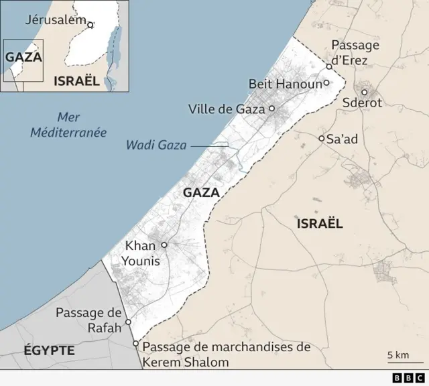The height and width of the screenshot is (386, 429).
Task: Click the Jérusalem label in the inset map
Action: click(55, 19)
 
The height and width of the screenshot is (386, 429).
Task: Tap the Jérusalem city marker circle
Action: click(90, 25)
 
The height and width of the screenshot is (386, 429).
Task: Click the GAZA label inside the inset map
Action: click(23, 57)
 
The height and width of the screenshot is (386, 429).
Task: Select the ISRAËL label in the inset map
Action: click(75, 81)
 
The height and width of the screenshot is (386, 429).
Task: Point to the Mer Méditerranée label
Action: click(68, 125)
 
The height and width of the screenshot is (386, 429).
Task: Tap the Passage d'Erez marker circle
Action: click(329, 67)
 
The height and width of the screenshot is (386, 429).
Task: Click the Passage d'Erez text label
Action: click(355, 52)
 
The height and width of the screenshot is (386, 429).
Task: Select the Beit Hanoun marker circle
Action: click(326, 83)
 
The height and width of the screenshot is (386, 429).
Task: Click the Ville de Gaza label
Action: click(227, 109)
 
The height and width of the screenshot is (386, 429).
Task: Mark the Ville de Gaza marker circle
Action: click(272, 108)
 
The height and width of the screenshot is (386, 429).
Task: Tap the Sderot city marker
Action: click(365, 92)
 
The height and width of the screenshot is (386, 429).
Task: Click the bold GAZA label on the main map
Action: click(201, 192)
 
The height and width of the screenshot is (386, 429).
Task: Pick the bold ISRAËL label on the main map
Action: click(320, 223)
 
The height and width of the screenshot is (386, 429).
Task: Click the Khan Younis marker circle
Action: click(164, 245)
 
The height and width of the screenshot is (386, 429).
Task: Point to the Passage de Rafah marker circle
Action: click(128, 322)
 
